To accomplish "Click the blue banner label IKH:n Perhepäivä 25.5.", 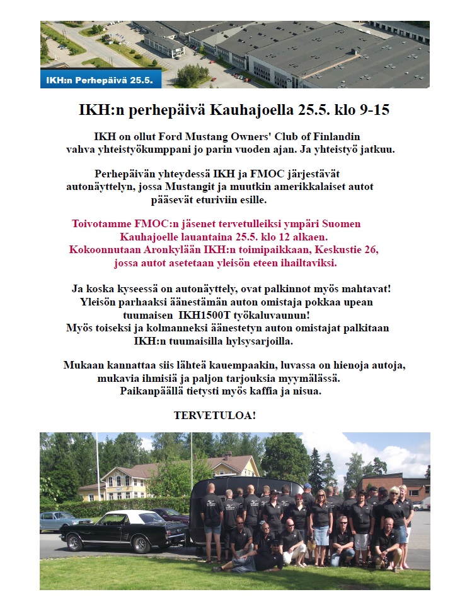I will (x=101, y=81).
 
